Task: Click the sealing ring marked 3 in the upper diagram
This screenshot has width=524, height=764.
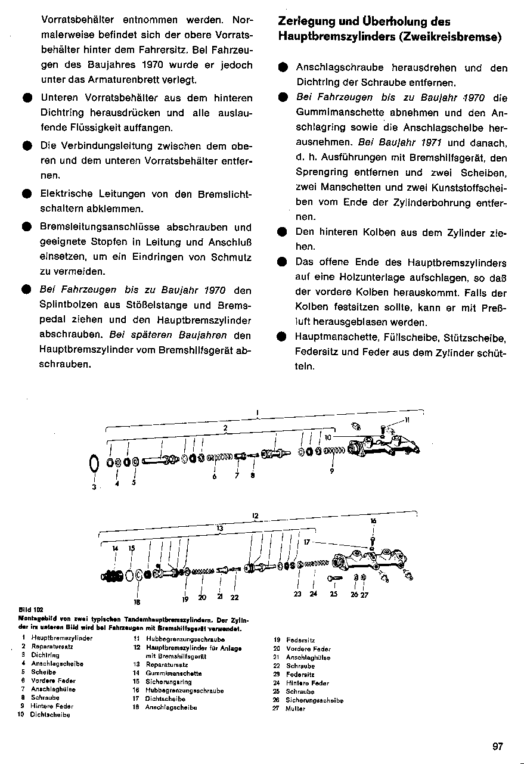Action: tap(94, 463)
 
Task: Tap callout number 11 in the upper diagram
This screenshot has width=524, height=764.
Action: tap(407, 420)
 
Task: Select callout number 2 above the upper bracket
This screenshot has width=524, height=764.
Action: tap(225, 427)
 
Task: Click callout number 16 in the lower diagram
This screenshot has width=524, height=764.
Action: tap(373, 521)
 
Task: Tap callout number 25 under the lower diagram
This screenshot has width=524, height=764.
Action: tap(334, 594)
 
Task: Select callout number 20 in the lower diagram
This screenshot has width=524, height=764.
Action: tap(202, 597)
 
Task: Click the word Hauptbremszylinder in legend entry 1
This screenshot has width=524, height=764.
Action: tap(62, 638)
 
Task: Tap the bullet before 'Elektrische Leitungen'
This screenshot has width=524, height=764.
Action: tap(26, 194)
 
